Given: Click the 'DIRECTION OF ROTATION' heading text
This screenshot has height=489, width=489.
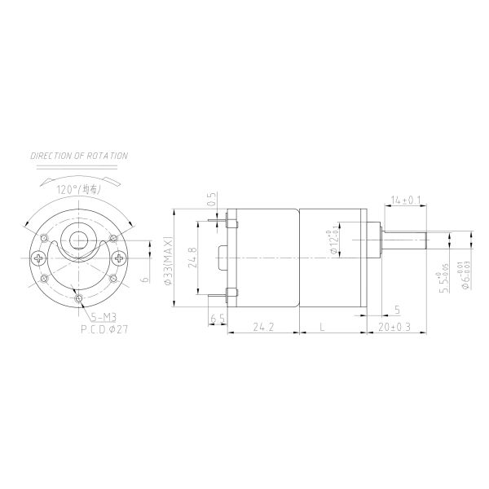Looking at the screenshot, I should point(78,155).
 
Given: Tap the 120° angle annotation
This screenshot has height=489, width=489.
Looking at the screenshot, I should point(78,189).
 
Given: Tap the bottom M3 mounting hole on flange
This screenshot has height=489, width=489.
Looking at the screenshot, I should point(79,300).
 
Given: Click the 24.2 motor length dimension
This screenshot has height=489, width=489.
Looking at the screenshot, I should point(262,328).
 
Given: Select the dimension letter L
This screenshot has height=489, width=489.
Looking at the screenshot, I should point(324,328).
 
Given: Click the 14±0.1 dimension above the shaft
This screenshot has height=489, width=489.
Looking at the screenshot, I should point(405,200).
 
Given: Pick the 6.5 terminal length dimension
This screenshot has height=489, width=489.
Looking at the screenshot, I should point(217,318).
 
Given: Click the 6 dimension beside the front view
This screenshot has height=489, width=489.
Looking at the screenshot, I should point(145,279).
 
